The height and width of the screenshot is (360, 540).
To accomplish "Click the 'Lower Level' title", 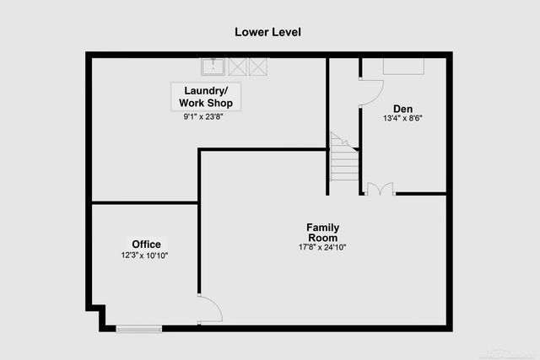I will (267, 32).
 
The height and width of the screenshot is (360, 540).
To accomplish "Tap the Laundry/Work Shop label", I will (206, 96).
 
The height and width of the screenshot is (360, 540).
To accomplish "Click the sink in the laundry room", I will (213, 66).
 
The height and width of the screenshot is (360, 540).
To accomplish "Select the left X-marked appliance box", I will (236, 66).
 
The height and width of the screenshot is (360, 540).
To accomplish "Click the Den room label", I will (402, 108).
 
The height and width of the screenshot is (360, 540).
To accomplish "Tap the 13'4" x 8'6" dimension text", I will (402, 119).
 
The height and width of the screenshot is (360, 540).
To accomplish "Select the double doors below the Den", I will (380, 188).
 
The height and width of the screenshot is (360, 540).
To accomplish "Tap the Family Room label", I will (322, 233).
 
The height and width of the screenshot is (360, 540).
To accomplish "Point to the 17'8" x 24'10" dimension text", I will (322, 247).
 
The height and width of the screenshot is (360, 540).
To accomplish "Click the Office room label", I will (145, 244).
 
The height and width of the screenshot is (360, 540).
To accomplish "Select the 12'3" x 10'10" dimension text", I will (145, 255).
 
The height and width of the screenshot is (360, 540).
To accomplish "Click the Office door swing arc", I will (211, 309).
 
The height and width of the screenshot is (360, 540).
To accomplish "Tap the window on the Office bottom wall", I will (138, 328).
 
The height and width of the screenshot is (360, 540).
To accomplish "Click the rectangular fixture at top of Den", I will (405, 67).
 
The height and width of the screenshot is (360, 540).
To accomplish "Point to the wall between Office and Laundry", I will (144, 202).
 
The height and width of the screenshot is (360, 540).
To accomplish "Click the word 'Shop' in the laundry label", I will (222, 103).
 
